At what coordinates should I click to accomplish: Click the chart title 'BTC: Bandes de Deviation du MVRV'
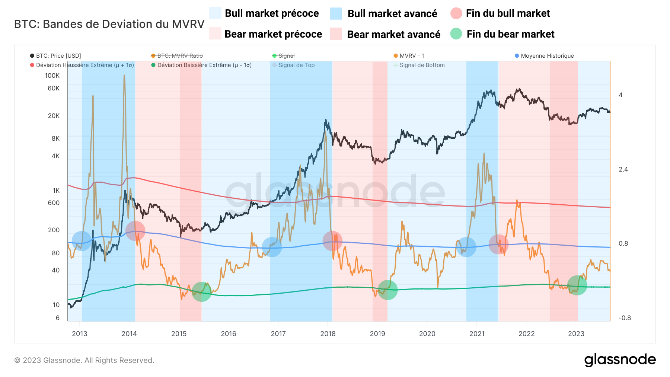point(109,24)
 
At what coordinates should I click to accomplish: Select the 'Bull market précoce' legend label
point(272,13)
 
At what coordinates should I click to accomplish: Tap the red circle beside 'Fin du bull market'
point(456,13)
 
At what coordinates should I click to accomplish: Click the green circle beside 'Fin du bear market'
point(456,34)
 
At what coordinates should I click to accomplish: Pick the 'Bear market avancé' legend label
point(393,34)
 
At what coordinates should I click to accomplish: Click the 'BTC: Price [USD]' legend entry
point(58,56)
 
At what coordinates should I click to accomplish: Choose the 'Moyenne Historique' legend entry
point(547,56)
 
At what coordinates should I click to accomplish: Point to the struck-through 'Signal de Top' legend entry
point(296,65)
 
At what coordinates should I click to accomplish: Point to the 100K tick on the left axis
point(52,76)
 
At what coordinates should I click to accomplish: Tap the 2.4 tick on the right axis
point(623,169)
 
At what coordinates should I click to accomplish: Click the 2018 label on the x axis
point(328,333)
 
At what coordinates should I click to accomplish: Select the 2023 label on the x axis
point(576,333)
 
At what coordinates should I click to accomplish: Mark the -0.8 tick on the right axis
point(625,318)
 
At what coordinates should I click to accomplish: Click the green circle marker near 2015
point(201,291)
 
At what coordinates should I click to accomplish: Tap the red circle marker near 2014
point(135,231)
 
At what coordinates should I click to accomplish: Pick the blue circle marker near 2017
point(272,247)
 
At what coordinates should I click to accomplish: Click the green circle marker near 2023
point(577,285)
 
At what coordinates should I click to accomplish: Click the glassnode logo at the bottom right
point(620,360)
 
